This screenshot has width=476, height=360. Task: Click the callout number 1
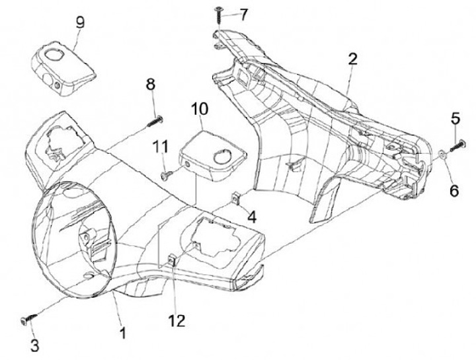122,328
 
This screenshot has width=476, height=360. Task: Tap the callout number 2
353,59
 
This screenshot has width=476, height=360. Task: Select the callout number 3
35,345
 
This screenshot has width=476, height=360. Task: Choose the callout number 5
456,118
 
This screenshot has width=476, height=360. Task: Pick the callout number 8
151,85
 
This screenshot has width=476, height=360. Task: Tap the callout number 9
80,22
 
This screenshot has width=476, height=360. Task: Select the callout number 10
200,108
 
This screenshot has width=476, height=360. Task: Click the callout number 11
159,145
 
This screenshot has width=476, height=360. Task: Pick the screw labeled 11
168,174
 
